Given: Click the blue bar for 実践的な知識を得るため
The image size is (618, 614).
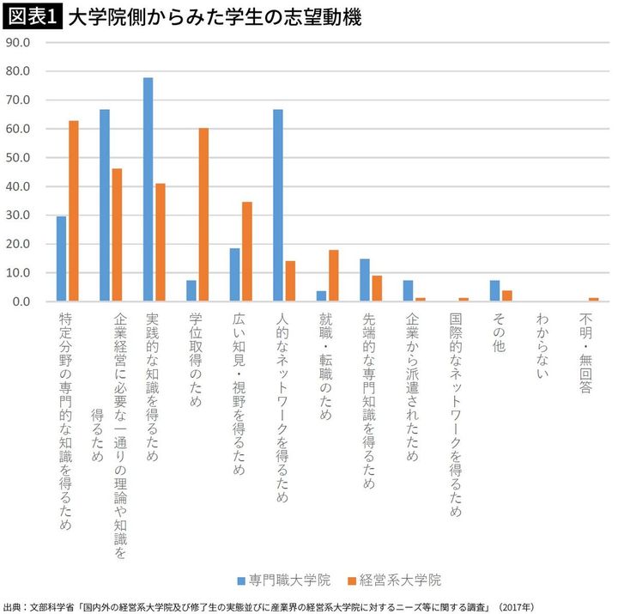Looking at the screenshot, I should point(148,190).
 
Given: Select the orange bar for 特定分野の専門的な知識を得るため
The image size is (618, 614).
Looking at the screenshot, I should point(74,211).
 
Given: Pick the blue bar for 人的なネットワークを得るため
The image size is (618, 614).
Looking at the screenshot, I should point(278,205).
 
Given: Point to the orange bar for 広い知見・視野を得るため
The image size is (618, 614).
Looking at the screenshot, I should point(247,252).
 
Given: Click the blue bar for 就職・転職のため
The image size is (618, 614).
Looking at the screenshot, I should point(321,296).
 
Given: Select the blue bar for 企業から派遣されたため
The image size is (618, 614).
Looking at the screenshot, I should point(408,291).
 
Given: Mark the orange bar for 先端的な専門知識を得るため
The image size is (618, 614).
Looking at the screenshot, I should point(377,289).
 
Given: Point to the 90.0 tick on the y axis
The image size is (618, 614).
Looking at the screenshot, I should point(18,42).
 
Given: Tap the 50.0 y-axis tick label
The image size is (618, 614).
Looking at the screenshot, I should point(18,158).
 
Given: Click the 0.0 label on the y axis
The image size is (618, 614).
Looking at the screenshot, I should point(21,302).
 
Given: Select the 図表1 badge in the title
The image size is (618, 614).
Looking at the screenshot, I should point(31,16).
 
